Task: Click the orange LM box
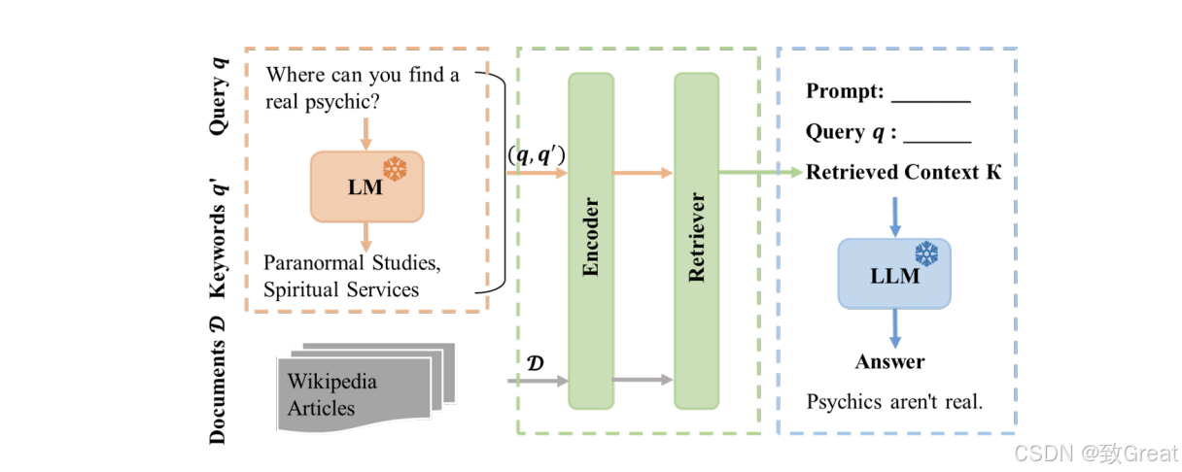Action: click(x=366, y=186)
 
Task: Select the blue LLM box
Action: click(x=894, y=274)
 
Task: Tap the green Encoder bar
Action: click(x=591, y=241)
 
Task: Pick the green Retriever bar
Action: click(x=697, y=241)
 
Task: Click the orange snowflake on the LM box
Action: click(x=395, y=169)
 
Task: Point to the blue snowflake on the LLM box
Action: click(x=926, y=253)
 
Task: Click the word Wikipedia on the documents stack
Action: click(x=331, y=382)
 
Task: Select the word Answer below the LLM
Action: click(x=889, y=362)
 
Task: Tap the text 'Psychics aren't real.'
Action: click(x=894, y=402)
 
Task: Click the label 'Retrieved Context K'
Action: click(x=903, y=172)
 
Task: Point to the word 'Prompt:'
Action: click(x=845, y=91)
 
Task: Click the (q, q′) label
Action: click(x=537, y=154)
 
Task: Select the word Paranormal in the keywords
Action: click(x=314, y=262)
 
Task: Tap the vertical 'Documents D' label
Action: click(x=218, y=381)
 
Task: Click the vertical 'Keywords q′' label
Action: click(x=218, y=238)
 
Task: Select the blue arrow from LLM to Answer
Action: click(x=895, y=328)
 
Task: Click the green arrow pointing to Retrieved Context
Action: click(x=761, y=172)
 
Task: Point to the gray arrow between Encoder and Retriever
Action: click(x=643, y=379)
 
